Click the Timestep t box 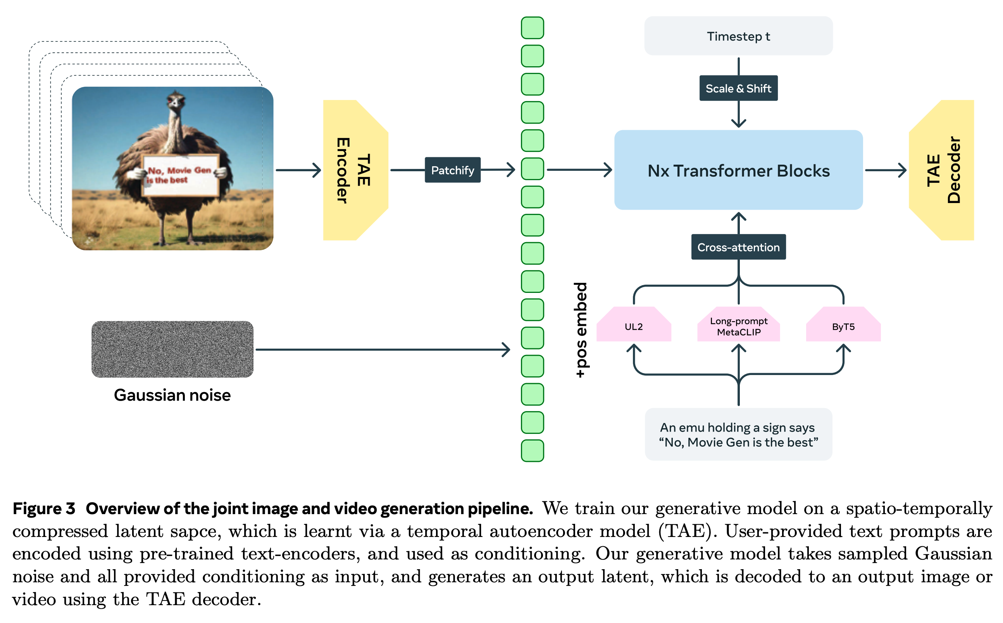[x=738, y=36]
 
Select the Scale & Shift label [x=738, y=88]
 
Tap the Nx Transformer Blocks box [x=738, y=170]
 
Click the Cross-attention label [x=738, y=247]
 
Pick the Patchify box [x=452, y=170]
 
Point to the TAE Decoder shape [x=942, y=170]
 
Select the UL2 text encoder [x=633, y=326]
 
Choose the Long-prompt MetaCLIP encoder [x=738, y=326]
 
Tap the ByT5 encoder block [x=843, y=326]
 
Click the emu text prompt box [x=738, y=434]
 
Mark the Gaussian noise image [x=172, y=349]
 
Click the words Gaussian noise [x=172, y=395]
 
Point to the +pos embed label [x=581, y=330]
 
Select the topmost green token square [x=532, y=28]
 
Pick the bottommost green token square [x=532, y=450]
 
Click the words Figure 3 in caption [x=44, y=508]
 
